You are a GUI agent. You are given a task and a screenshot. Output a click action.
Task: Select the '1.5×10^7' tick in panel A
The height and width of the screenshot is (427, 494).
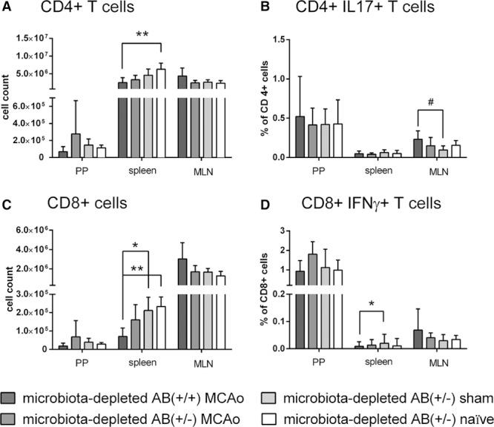coord(32,38)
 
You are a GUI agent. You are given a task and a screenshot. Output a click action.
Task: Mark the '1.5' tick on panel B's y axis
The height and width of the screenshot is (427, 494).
coord(281,38)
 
